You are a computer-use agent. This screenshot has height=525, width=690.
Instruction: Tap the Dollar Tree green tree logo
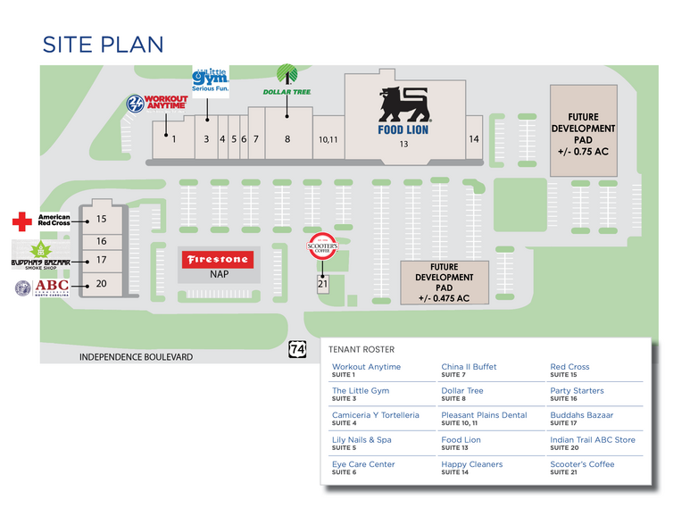287,74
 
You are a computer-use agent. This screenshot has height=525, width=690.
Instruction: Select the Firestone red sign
218,260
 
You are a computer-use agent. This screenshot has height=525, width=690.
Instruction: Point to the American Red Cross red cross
22,220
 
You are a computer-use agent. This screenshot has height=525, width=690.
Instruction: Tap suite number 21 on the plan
322,283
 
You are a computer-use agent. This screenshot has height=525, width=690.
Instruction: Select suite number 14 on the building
474,139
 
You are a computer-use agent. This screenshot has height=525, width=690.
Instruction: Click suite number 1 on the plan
174,139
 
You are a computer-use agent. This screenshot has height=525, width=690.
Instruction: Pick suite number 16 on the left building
102,241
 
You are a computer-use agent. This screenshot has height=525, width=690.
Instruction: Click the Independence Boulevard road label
136,357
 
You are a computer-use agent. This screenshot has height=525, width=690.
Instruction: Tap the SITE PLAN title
103,44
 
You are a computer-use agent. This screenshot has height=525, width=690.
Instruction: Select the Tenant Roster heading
362,349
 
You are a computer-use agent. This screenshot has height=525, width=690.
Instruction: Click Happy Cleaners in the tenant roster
471,464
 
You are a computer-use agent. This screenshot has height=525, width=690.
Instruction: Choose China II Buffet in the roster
469,367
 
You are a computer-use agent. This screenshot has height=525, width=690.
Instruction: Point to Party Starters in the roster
577,391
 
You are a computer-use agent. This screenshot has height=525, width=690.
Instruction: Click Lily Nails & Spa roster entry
362,440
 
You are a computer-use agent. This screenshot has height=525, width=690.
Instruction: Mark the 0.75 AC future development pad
583,134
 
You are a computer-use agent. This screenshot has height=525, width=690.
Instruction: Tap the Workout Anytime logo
155,104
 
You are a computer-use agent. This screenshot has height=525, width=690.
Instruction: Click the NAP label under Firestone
219,274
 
